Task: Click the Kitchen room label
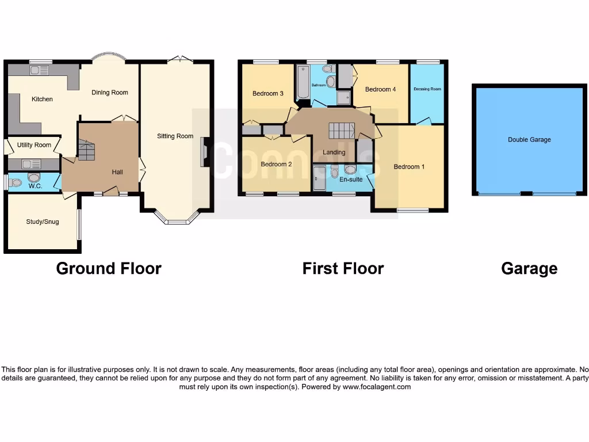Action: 42,99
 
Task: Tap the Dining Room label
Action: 110,92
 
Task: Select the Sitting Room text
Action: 175,136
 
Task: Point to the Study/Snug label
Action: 43,222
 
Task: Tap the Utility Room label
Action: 34,145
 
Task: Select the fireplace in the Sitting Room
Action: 204,153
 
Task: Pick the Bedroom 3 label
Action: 268,93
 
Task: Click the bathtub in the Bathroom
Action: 301,83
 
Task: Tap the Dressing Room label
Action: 427,89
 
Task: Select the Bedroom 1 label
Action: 409,167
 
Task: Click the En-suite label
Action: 351,180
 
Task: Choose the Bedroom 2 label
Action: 276,164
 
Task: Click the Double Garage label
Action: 529,139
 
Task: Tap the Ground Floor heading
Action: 109,268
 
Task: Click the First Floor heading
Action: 343,268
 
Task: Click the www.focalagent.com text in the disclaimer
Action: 378,387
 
